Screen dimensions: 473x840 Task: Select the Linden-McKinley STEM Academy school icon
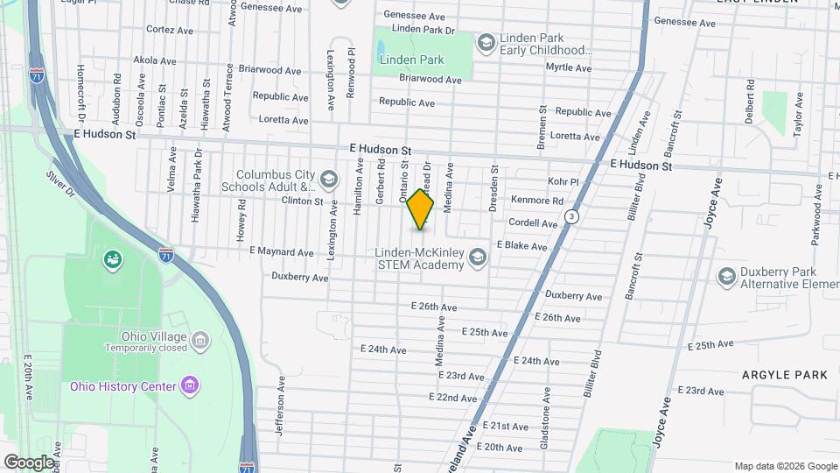click(x=477, y=257)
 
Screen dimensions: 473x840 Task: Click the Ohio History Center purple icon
click(x=188, y=385)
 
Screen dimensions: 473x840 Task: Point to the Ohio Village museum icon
click(x=199, y=339)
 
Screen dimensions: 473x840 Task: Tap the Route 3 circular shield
click(x=571, y=215)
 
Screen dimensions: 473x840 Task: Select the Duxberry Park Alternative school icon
click(x=726, y=278)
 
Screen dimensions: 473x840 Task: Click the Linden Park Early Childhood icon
click(x=485, y=41)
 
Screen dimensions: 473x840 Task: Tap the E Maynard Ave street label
click(x=281, y=252)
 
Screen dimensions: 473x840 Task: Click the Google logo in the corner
click(x=29, y=462)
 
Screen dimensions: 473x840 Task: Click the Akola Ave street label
click(x=154, y=61)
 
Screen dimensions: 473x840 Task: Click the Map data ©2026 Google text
click(x=785, y=466)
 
